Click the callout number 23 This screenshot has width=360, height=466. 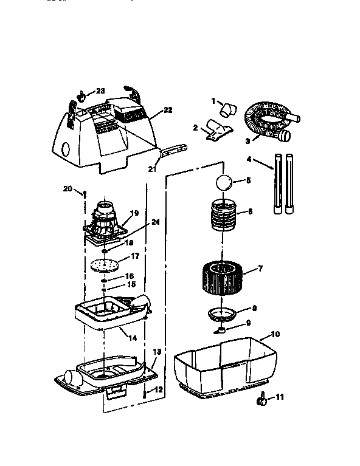(x=100, y=91)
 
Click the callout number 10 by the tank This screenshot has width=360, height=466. (x=274, y=335)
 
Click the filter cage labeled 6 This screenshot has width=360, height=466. (x=224, y=216)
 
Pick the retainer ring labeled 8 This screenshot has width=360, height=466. (x=222, y=314)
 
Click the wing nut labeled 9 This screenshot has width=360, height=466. (x=220, y=330)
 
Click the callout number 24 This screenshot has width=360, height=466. (x=156, y=222)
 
